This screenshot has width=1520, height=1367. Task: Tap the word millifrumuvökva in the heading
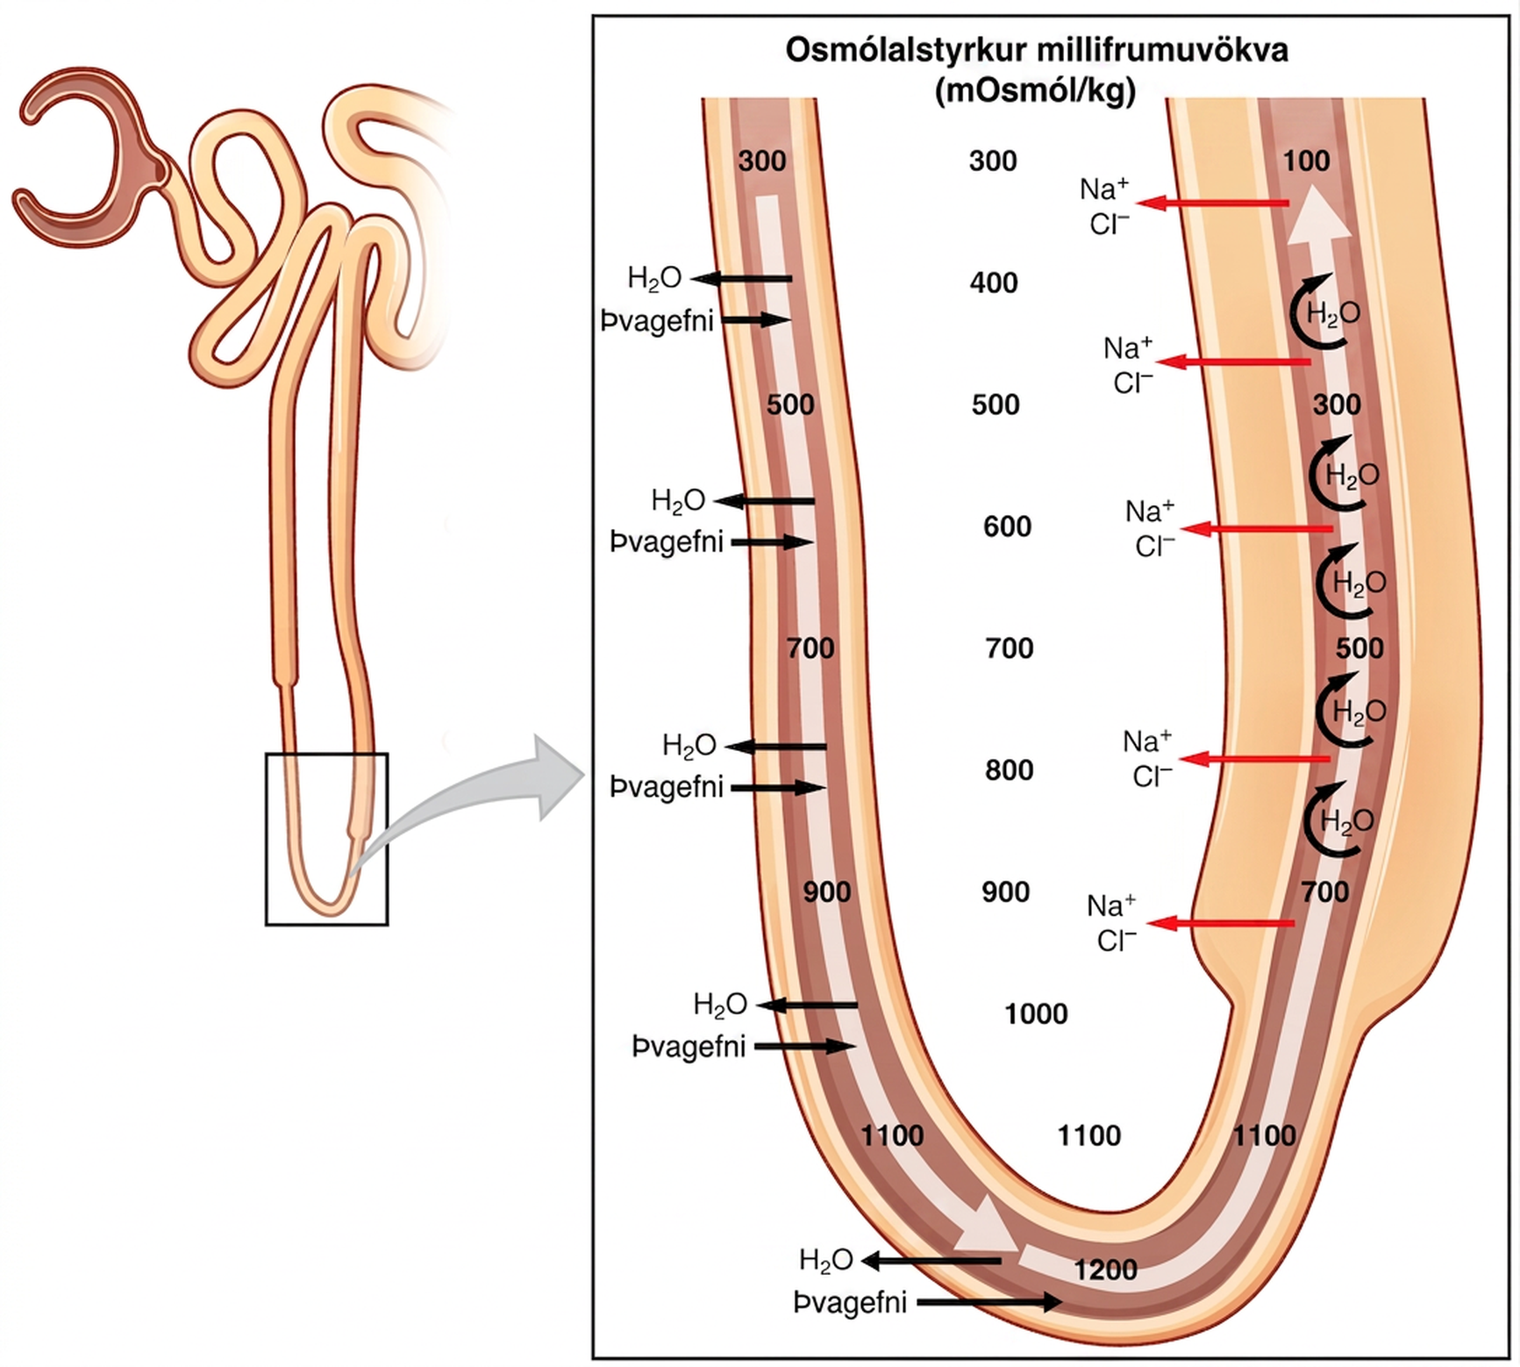pos(1163,50)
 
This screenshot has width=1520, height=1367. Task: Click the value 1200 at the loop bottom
pos(1106,1270)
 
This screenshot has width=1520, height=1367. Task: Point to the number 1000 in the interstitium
pos(1036,1013)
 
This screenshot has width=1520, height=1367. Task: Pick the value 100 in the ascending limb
pos(1306,161)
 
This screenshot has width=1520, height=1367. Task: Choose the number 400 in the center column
pos(994,283)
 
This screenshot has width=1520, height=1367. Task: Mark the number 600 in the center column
pos(1007,526)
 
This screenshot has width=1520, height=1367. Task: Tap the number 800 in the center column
pos(1009,770)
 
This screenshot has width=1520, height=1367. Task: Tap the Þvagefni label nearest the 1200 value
pos(849,1303)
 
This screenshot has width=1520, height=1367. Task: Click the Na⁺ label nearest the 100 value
pos(1104,189)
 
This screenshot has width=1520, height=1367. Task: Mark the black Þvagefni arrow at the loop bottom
pos(988,1302)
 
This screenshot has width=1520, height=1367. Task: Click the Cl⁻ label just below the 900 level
pos(1117,941)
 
